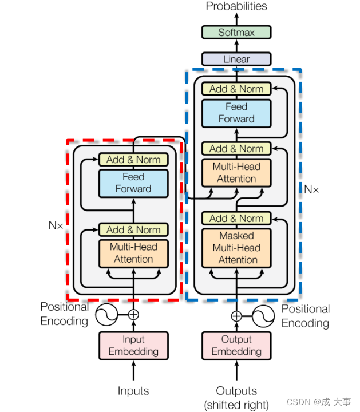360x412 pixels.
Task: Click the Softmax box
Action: tap(236, 33)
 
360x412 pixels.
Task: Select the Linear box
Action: tap(236, 59)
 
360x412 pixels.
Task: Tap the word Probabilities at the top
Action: tap(236, 7)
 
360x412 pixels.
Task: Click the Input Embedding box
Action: tap(133, 346)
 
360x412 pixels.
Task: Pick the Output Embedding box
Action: tap(236, 346)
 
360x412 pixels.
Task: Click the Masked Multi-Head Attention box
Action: tap(236, 248)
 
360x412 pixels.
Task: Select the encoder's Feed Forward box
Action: tap(133, 183)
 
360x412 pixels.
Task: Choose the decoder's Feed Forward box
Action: tap(236, 113)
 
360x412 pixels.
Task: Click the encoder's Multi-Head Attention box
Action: tap(133, 253)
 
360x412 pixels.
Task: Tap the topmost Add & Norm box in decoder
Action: tap(236, 89)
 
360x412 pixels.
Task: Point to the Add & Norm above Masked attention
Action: tap(236, 218)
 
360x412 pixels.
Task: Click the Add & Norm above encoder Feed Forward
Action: tap(133, 159)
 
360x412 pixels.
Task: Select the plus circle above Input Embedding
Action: tap(133, 314)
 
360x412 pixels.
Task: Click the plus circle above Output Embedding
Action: tap(236, 316)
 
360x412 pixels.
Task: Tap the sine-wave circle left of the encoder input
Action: tap(106, 314)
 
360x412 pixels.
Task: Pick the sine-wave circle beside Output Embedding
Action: tap(263, 316)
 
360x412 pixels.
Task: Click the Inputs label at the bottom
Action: tap(133, 391)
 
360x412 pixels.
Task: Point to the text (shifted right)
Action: tap(236, 405)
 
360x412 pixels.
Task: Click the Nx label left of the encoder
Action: tap(56, 225)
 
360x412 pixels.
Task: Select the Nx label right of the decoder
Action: tap(312, 189)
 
